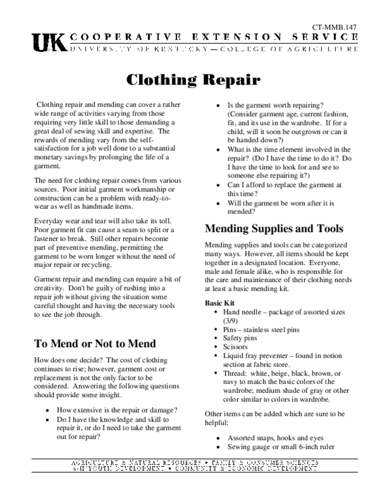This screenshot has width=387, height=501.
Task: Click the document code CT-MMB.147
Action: (x=335, y=27)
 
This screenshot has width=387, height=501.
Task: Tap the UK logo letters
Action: (x=49, y=43)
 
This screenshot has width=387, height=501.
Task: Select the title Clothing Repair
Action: (x=193, y=79)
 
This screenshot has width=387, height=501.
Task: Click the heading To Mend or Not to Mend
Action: (x=95, y=343)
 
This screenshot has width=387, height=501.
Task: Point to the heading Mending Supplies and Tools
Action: (x=274, y=228)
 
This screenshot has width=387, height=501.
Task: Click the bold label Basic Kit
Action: (x=220, y=303)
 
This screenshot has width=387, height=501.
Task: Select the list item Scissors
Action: (x=235, y=347)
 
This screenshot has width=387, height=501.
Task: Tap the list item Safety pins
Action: (x=240, y=338)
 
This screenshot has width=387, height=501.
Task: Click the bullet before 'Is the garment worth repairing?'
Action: (x=218, y=106)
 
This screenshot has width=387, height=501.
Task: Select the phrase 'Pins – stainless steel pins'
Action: (x=261, y=330)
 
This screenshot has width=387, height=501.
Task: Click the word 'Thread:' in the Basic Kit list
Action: (x=234, y=373)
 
